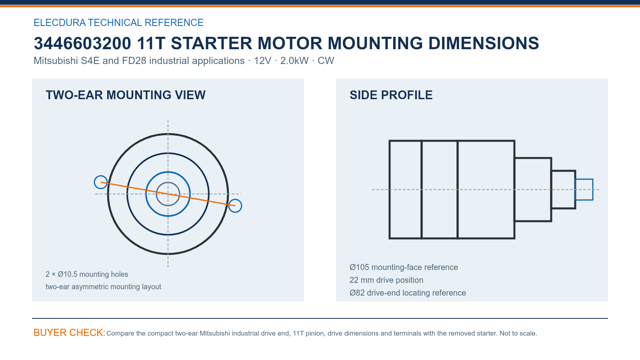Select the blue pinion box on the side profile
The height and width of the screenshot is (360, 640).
(584, 179)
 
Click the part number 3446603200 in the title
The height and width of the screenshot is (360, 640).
(82, 43)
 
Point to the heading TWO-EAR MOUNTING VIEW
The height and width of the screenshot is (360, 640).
(126, 95)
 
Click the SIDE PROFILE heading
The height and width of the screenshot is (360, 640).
(391, 95)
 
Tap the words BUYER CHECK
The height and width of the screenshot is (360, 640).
(70, 332)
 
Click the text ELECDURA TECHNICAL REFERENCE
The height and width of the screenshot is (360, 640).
(118, 22)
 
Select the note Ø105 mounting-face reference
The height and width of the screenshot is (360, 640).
(404, 267)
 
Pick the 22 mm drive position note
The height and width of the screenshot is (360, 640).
(386, 280)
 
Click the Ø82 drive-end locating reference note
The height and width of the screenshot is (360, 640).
(408, 293)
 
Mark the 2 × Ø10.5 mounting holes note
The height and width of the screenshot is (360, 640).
(87, 274)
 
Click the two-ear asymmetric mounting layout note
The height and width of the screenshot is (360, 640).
(104, 286)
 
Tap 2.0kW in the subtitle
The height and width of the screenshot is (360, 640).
(294, 60)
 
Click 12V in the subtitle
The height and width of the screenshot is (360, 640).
(262, 60)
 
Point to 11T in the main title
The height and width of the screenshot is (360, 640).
(151, 43)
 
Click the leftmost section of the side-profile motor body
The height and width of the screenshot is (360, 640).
(390, 190)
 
